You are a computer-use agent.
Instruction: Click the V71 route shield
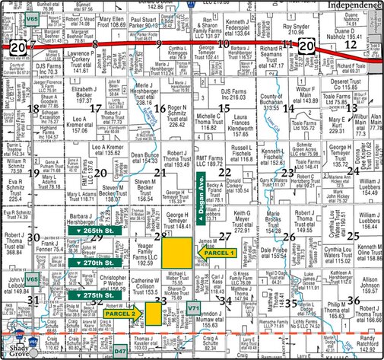tap(194, 328)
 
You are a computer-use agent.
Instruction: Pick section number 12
tap(351, 46)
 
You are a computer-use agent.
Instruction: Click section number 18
tap(33, 109)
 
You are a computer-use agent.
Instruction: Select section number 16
tap(159, 108)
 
